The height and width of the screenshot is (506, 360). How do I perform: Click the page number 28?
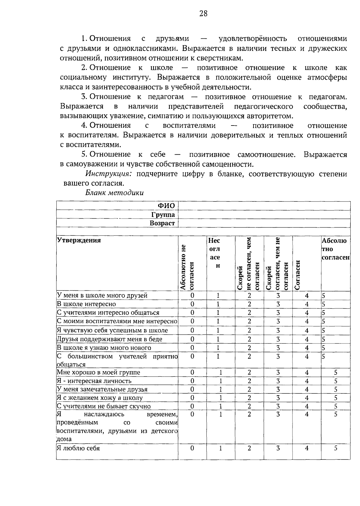[203, 14]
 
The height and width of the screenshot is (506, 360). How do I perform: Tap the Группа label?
[163, 214]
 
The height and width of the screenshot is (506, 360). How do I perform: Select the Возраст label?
[162, 223]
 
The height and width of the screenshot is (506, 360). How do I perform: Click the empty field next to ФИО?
[264, 206]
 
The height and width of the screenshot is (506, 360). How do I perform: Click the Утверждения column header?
[79, 240]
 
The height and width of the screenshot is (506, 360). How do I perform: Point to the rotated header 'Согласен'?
[298, 274]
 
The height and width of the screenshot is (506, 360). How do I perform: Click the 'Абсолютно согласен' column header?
[335, 249]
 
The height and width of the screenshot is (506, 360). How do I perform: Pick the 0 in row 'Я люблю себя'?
[192, 448]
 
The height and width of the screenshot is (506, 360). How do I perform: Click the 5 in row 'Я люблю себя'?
[336, 448]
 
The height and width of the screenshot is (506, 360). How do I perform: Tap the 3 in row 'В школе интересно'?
[278, 304]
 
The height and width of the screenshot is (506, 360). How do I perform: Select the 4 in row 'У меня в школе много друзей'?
[307, 295]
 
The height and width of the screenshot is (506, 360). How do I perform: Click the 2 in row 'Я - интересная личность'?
[249, 381]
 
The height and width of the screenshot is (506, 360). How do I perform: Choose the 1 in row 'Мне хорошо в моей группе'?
[220, 372]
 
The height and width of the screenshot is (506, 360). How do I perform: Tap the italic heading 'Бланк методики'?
[114, 193]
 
